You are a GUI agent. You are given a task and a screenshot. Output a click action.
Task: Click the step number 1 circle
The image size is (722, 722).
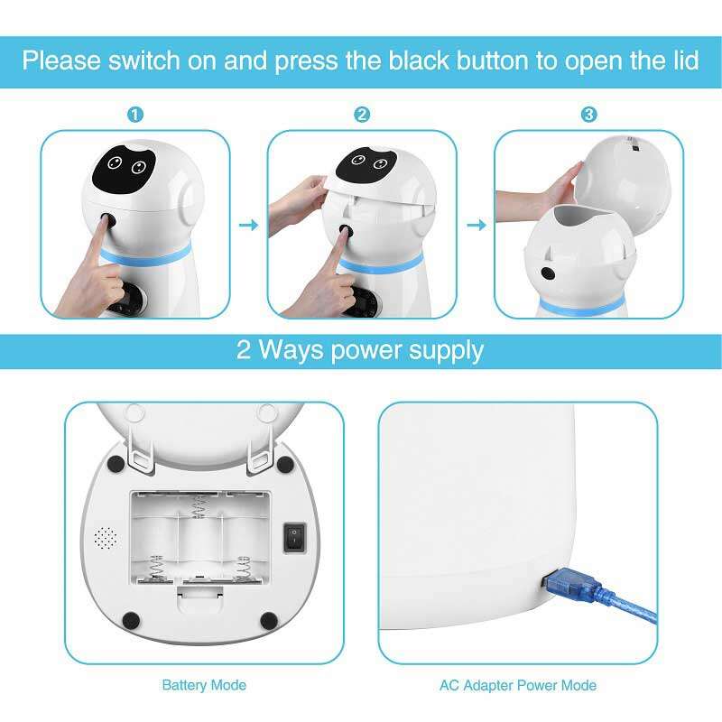(134, 115)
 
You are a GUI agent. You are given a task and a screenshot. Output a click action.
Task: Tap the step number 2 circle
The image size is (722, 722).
(362, 115)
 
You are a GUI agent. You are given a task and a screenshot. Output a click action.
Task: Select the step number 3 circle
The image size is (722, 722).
(588, 115)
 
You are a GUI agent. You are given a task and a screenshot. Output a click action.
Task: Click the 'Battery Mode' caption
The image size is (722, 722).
(204, 685)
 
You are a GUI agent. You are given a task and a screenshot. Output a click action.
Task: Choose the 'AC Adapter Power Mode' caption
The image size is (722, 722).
(518, 685)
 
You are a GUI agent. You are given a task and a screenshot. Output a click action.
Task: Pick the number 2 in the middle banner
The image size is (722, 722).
(244, 350)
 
